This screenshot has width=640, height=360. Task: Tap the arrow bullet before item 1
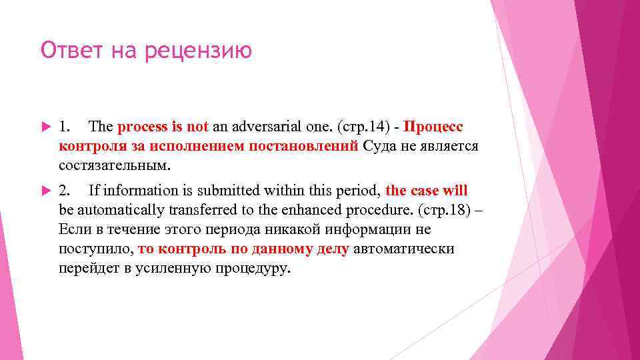(x=45, y=127)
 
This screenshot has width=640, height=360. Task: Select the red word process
(x=138, y=127)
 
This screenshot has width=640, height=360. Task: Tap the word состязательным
(x=115, y=164)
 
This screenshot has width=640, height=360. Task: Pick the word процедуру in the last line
(x=251, y=269)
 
